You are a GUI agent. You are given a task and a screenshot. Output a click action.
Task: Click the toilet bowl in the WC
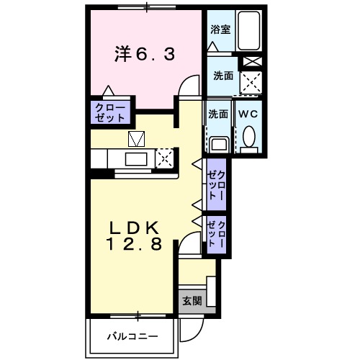(248, 138)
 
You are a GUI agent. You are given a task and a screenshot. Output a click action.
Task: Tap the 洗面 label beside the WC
(218, 114)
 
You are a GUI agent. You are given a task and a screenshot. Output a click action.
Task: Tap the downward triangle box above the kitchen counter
(137, 138)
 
